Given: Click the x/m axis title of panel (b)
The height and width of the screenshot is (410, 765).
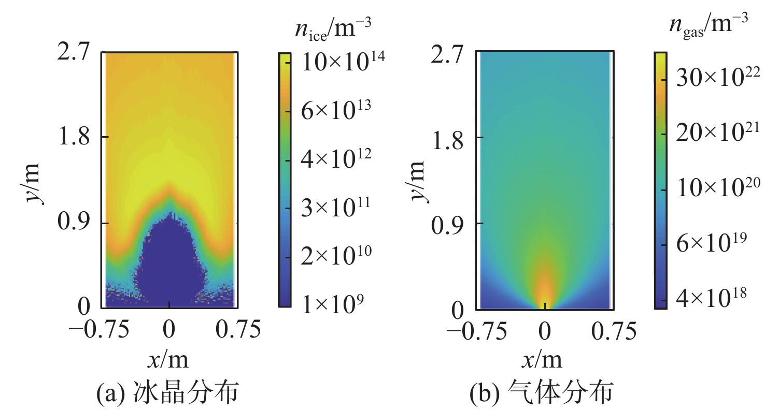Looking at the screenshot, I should click(543, 359).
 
